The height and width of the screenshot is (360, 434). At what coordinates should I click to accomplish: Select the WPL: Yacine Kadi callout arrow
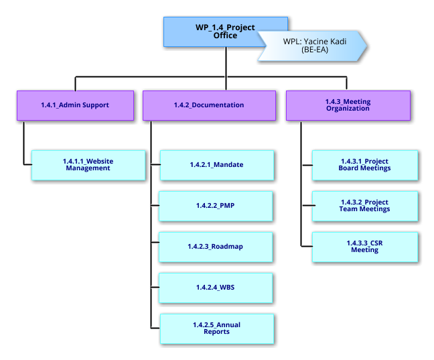coord(311,45)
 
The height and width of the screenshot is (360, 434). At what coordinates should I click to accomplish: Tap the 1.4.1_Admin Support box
coord(74,105)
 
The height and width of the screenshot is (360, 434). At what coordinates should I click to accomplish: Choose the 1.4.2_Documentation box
coord(208,105)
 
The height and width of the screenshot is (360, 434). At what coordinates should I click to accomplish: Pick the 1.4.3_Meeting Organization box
coord(348,105)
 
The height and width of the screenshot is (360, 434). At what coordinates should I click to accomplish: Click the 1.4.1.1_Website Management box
coord(88,165)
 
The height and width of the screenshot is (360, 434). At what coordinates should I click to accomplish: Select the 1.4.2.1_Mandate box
coord(216,165)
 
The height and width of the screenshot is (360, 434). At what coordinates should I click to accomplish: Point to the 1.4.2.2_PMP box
coord(216,206)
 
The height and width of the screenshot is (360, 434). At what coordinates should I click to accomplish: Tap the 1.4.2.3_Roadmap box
coord(216,247)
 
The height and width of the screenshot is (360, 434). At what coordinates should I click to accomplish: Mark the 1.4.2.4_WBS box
coord(216,288)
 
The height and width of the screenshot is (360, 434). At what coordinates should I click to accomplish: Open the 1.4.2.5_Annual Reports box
coord(216,328)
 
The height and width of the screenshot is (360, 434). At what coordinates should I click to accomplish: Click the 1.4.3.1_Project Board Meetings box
coord(364,165)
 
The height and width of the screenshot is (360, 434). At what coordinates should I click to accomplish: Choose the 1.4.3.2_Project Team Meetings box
coord(364,206)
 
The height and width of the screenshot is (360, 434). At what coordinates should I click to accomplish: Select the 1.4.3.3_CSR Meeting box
coord(364,247)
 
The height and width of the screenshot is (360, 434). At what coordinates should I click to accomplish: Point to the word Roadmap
coord(227,247)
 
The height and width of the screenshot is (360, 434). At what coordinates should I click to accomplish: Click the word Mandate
coord(227,165)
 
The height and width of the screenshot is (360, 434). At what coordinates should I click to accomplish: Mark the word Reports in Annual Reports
coord(216,332)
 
